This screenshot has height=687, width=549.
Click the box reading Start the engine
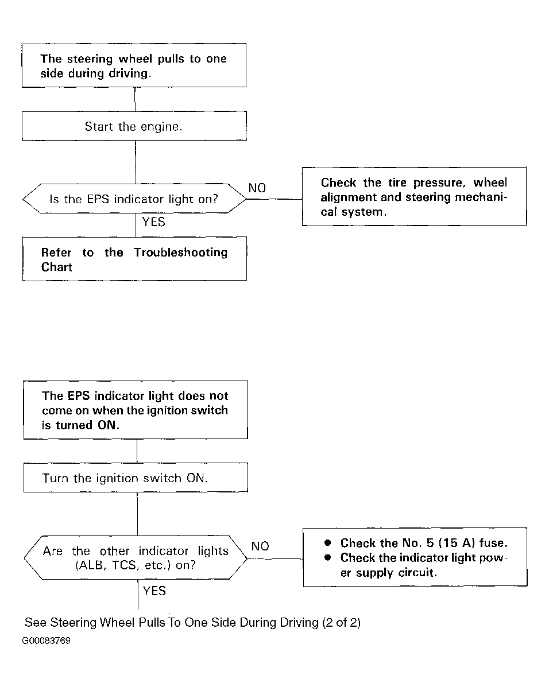pyautogui.click(x=134, y=126)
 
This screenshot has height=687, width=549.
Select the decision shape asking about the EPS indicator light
pyautogui.click(x=134, y=199)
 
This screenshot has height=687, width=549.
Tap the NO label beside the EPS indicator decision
pyautogui.click(x=257, y=188)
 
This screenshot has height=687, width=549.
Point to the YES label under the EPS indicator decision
pyautogui.click(x=153, y=222)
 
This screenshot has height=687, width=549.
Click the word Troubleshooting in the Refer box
pyautogui.click(x=181, y=253)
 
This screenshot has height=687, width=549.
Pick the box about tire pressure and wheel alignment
pyautogui.click(x=415, y=196)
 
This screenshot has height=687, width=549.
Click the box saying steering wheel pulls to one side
pyautogui.click(x=134, y=65)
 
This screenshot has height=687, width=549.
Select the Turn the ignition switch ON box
pyautogui.click(x=136, y=478)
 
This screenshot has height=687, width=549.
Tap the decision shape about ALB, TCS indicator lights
pyautogui.click(x=136, y=558)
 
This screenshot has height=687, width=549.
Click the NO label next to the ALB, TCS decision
pyautogui.click(x=260, y=546)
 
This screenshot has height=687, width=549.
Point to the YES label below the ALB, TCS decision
pyautogui.click(x=154, y=591)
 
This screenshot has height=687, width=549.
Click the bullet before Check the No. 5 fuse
pyautogui.click(x=327, y=543)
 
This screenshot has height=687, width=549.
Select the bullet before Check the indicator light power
pyautogui.click(x=327, y=558)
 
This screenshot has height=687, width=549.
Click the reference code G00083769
pyautogui.click(x=46, y=641)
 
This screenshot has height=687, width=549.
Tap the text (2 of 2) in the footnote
pyautogui.click(x=341, y=623)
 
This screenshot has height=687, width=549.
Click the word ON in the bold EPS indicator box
pyautogui.click(x=108, y=425)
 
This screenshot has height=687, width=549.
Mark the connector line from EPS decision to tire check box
pyautogui.click(x=274, y=199)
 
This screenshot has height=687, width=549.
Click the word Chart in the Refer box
pyautogui.click(x=57, y=267)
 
